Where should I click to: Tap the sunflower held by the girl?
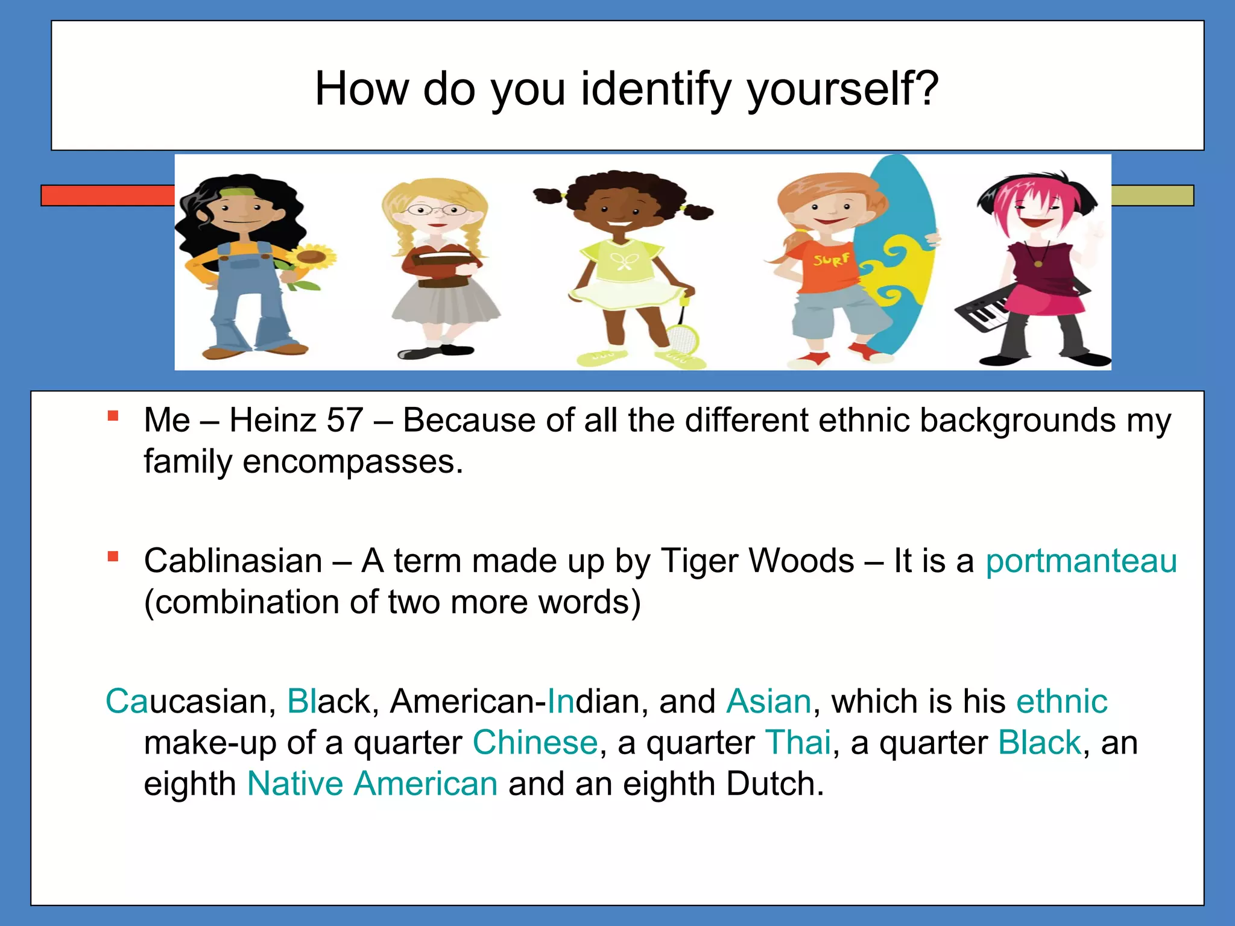point(311,257)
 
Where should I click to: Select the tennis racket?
point(681,335)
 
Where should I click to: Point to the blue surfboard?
point(899,253)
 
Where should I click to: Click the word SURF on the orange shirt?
point(832,260)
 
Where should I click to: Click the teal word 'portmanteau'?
point(1081,561)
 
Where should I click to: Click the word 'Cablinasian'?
point(233,561)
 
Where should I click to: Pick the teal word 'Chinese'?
point(535,743)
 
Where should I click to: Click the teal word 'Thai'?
point(798,743)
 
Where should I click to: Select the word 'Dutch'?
point(774,784)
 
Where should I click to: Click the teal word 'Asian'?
point(769,702)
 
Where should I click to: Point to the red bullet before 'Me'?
point(113,416)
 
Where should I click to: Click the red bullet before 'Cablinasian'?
point(113,556)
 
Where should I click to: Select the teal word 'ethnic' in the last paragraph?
point(1061,702)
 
